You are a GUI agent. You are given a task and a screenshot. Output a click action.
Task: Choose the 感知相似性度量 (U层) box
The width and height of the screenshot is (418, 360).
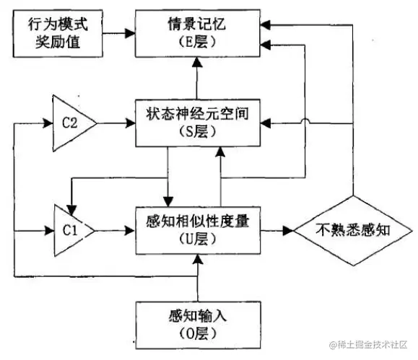(x=196, y=230)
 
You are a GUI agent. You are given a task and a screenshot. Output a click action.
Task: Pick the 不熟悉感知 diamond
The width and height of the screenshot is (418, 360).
(x=352, y=231)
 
